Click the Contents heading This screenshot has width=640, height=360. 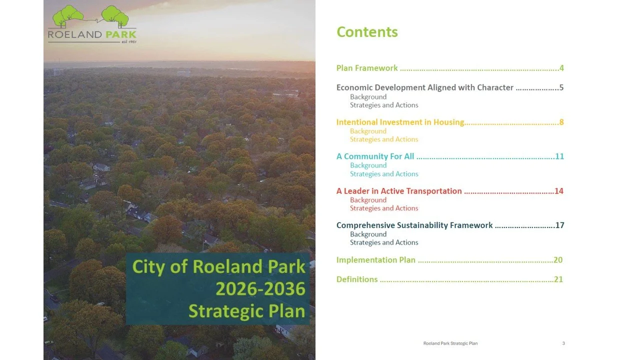[x=367, y=32]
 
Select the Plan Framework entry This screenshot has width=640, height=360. [x=367, y=68]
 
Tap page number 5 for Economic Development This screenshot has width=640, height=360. [x=561, y=87]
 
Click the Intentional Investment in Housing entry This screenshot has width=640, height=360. [x=400, y=122]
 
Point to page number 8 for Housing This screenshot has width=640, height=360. [x=561, y=122]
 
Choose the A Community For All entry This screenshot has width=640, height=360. [x=375, y=156]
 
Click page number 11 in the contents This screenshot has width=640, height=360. [x=559, y=156]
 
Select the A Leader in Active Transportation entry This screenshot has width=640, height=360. [x=399, y=191]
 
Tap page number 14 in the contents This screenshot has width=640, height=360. [x=559, y=191]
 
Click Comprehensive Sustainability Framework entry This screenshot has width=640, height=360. [x=414, y=225]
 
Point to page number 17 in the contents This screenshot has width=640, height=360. [x=559, y=225]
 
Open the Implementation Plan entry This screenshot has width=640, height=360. [x=376, y=260]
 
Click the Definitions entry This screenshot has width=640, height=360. [x=357, y=279]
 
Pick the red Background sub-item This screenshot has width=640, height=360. [x=368, y=200]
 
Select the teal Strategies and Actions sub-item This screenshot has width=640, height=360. [x=384, y=174]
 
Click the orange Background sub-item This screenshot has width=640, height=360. [x=368, y=131]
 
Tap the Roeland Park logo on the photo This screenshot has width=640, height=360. [x=91, y=25]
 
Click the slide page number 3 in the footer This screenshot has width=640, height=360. [x=563, y=343]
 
